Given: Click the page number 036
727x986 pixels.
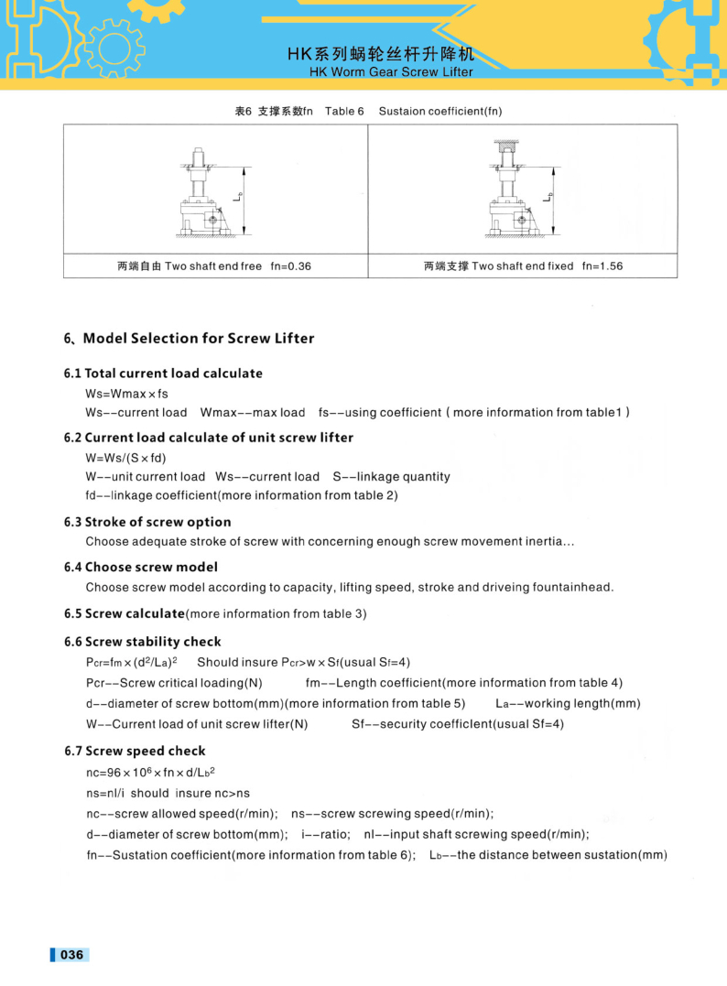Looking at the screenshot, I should pos(71,955).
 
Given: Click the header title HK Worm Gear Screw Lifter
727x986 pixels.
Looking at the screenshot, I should pos(391,71).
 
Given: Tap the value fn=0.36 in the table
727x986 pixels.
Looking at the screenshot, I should pos(291,266).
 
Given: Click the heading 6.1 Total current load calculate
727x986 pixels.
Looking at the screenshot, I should pos(163,374).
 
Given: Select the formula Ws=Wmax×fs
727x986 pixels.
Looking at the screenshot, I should pos(126,394).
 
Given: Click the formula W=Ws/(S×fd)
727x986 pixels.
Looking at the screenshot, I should pos(125,457).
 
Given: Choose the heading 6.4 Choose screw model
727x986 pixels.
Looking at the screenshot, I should pos(141,567).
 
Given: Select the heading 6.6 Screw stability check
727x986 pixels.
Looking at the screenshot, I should pos(142,642).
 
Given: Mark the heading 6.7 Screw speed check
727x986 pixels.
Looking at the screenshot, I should pos(135,751).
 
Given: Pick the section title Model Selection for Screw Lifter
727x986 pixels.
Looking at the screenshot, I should pos(198,339).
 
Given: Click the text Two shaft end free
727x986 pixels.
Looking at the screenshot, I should pos(213,266).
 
